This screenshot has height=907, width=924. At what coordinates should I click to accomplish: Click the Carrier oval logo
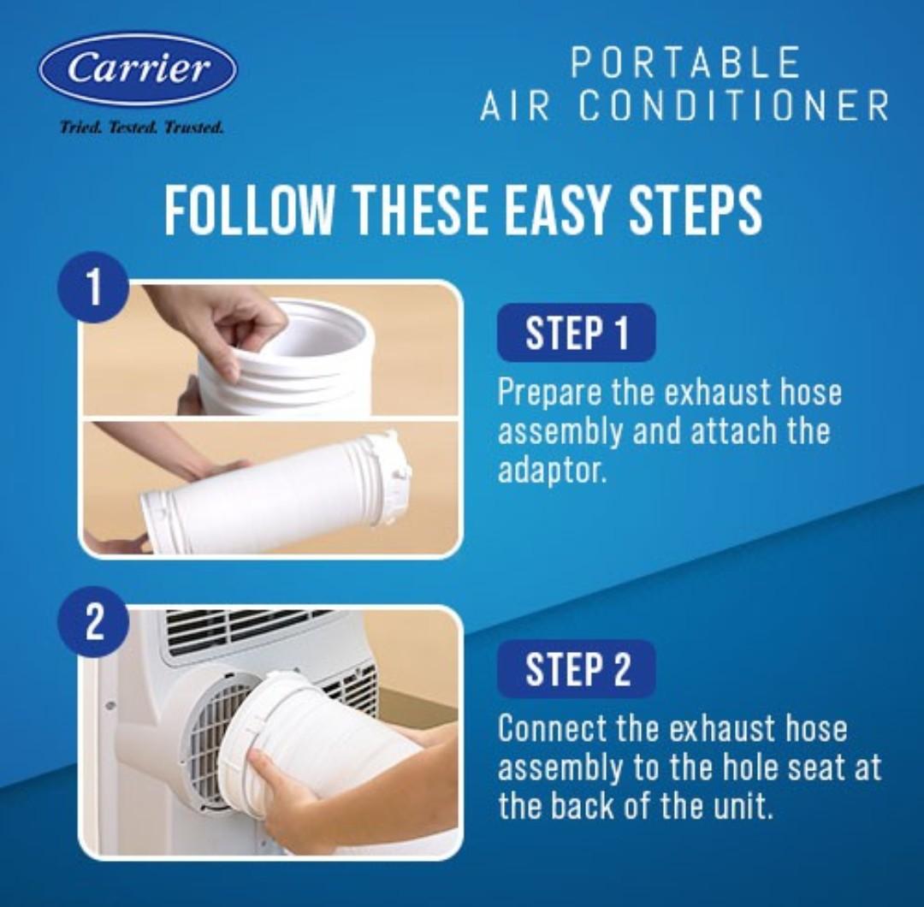click(x=138, y=69)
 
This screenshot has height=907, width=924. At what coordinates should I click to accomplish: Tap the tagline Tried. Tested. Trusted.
click(x=141, y=127)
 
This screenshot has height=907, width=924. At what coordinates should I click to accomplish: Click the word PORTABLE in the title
click(x=685, y=63)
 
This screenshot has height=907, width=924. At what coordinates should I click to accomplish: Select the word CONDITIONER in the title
click(x=733, y=107)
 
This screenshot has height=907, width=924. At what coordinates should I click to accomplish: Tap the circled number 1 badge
click(x=92, y=288)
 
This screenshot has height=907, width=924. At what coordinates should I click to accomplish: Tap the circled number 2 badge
click(x=92, y=622)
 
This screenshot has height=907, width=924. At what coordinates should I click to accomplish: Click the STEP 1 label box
click(x=576, y=333)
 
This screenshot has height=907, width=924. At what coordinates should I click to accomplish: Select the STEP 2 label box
click(x=576, y=669)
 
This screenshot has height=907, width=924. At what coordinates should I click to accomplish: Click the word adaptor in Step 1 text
click(x=551, y=471)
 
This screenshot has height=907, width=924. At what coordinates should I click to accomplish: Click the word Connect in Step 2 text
click(x=551, y=728)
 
